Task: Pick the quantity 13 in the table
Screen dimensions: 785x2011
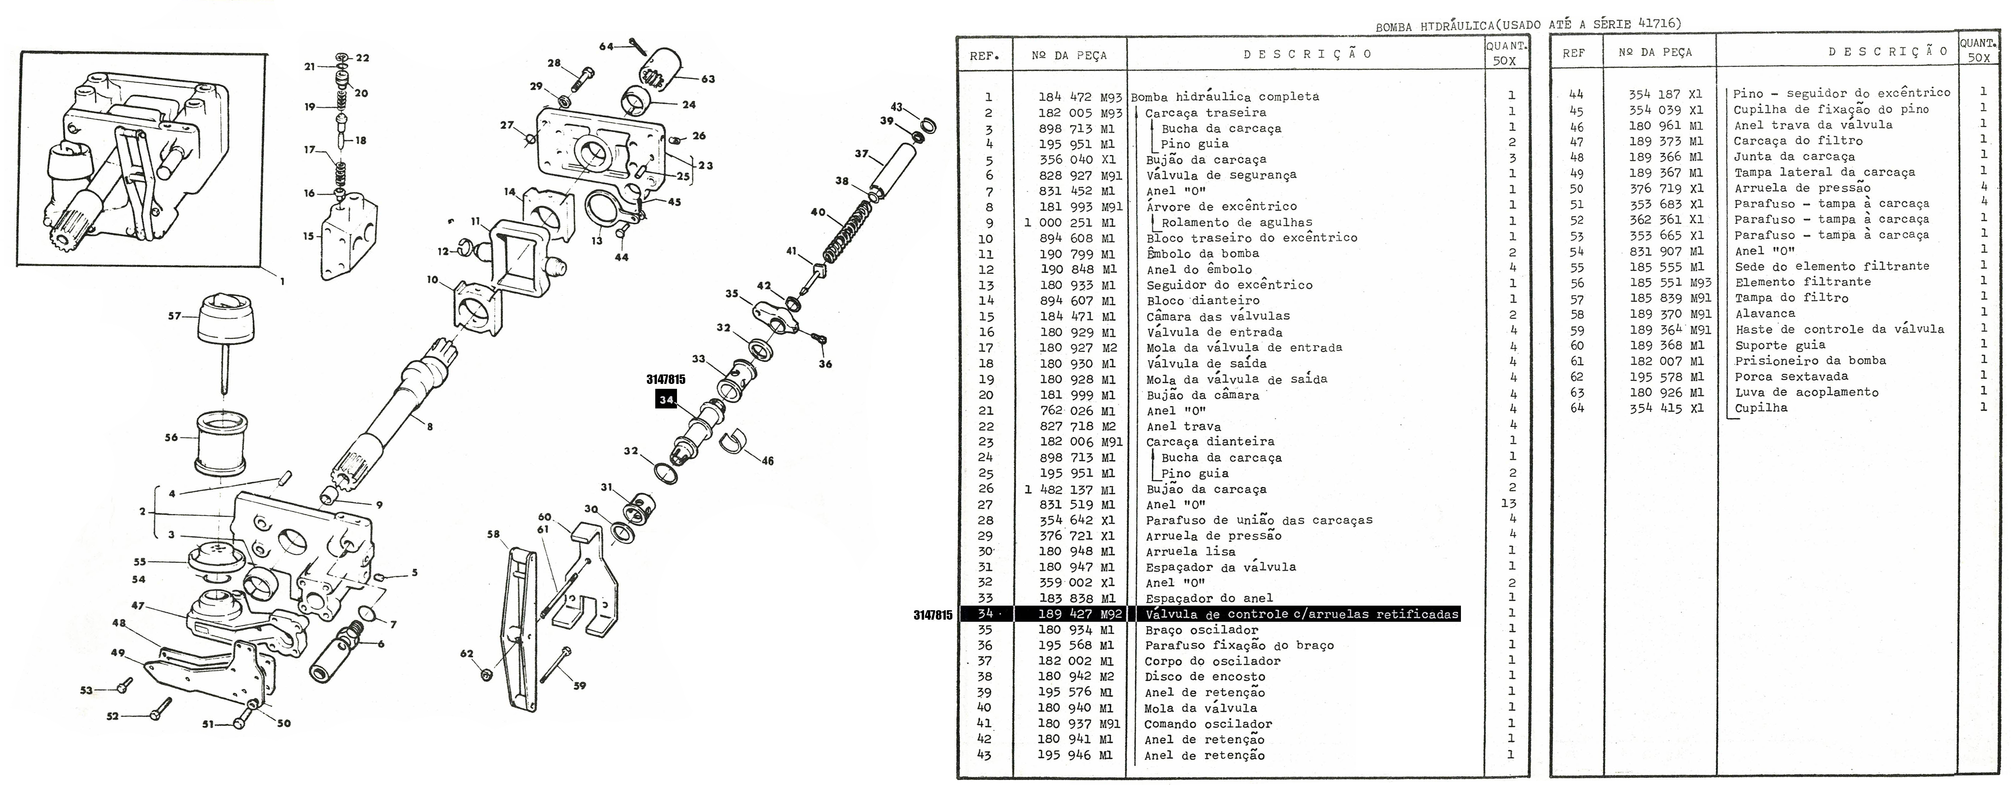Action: pos(1508,504)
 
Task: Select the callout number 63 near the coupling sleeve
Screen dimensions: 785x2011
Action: pos(707,79)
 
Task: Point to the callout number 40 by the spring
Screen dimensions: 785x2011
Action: pos(817,212)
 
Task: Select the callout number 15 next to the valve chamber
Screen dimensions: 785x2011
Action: pos(309,236)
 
